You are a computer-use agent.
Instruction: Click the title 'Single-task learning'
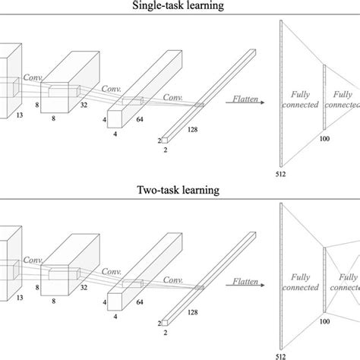pos(180,6)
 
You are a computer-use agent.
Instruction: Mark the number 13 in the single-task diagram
pos(20,116)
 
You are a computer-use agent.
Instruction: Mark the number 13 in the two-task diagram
pos(20,298)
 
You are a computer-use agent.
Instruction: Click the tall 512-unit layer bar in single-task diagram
pos(280,91)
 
